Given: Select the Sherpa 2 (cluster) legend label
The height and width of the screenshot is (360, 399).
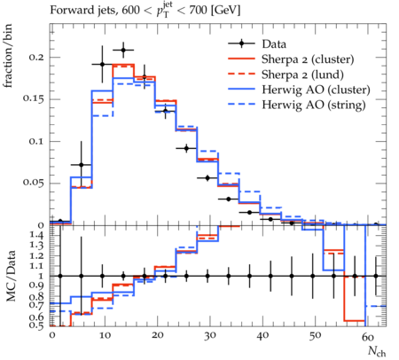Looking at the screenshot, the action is coord(308,59).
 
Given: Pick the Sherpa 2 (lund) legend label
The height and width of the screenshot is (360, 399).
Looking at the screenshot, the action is coord(302,74).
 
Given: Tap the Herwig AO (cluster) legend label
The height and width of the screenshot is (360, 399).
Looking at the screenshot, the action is coord(316,90).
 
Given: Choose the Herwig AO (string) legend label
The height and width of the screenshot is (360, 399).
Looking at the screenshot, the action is coord(313,105).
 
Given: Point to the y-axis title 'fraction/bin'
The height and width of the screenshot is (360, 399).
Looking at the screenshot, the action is coord(8,56).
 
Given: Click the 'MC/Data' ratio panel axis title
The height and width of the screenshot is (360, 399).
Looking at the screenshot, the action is coord(11,276).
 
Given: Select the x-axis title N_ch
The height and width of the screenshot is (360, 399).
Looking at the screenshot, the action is coord(377,351).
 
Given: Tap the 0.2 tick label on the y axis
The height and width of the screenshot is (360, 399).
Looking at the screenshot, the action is coord(36,57).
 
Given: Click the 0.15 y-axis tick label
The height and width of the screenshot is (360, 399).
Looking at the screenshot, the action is coord(34,99).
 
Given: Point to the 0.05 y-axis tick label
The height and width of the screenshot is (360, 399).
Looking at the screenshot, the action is coord(34,183).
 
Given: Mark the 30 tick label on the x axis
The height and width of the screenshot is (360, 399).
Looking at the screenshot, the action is coord(209,335).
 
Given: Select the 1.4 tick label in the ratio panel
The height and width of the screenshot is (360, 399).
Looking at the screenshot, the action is coord(36,236).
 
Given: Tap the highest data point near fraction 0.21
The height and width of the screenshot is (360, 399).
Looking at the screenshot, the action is coord(123,50).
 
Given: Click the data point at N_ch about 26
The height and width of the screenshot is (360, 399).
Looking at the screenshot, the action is coord(186,148).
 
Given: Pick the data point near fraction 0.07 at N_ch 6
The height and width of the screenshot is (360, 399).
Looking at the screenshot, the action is coord(82,165).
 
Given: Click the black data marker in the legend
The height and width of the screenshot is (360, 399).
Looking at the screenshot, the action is coord(241,43).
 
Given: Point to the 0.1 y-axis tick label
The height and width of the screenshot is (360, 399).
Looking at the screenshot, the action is coord(36,141).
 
